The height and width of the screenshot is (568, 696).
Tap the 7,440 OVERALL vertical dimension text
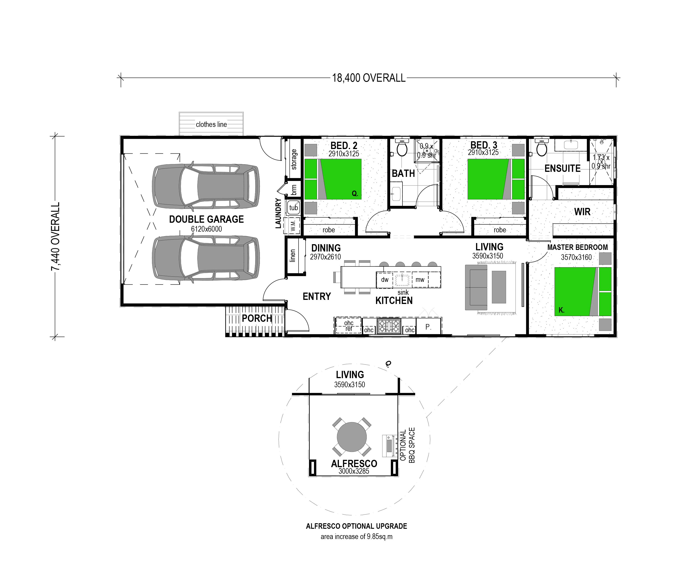(x=56, y=236)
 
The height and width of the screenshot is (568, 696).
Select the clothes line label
(x=211, y=124)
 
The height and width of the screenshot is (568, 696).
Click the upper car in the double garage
(x=206, y=186)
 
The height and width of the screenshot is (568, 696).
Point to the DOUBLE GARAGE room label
(x=206, y=219)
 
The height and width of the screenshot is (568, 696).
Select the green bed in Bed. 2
(x=333, y=179)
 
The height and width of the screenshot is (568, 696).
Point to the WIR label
(x=582, y=212)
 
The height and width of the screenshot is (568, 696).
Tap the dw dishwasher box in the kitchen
(x=385, y=280)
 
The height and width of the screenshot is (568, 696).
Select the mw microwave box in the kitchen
(x=420, y=280)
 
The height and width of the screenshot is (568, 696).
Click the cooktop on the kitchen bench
(x=389, y=326)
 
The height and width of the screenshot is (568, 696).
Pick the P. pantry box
(x=428, y=327)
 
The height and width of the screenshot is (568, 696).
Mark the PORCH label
(x=257, y=318)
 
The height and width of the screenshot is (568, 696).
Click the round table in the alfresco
(x=352, y=437)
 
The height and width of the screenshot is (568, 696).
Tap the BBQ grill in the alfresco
(x=389, y=446)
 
